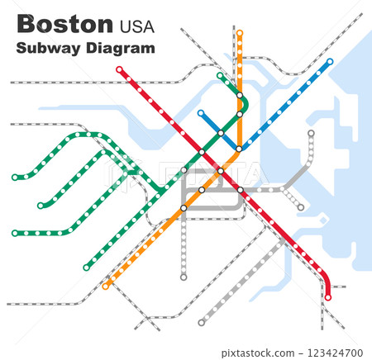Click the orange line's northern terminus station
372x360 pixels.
[240, 33]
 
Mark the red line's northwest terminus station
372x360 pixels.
[120, 69]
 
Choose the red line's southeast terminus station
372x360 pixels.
[328, 297]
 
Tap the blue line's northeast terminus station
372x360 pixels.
[330, 61]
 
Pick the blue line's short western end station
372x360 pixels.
[201, 112]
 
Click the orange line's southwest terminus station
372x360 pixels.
[106, 287]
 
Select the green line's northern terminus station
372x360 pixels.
[220, 75]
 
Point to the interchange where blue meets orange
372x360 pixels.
[239, 149]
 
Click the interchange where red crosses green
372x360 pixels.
[202, 152]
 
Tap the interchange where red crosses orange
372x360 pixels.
[221, 171]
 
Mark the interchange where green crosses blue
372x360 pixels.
[221, 133]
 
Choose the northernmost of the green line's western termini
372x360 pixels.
[15, 177]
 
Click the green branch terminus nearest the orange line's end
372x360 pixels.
[86, 268]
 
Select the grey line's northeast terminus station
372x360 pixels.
[311, 133]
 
